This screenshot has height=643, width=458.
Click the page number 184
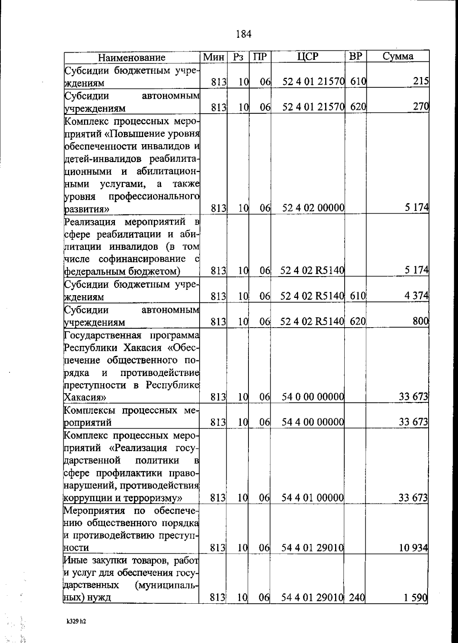click(244, 34)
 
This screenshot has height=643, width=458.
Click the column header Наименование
click(132, 58)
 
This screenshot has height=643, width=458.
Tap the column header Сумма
click(398, 56)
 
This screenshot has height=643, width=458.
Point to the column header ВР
click(355, 56)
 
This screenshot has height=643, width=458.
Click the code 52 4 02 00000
click(313, 208)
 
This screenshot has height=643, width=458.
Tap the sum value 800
click(421, 321)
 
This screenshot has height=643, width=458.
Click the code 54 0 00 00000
click(313, 397)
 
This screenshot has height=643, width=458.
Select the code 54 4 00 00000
click(313, 422)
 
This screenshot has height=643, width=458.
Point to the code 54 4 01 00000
click(313, 498)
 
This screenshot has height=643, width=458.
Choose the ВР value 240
click(357, 598)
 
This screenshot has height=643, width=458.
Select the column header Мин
click(213, 57)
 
